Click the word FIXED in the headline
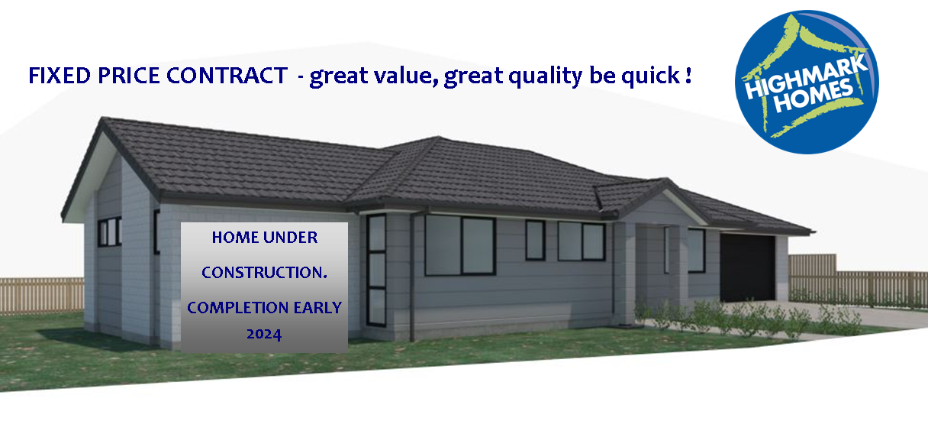pos(60,76)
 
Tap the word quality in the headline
pos(545,76)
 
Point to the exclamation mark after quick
pos(688,75)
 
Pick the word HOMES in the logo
pos(814,96)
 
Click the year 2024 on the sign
pos(264,335)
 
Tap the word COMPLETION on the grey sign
pos(238,308)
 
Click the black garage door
pos(747,267)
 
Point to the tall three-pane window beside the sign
pos(376,270)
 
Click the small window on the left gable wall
pos(109,232)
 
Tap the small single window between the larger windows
pos(535,240)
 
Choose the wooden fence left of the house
pos(42,295)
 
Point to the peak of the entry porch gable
pos(666,180)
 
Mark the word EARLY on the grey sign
pos(317,308)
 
